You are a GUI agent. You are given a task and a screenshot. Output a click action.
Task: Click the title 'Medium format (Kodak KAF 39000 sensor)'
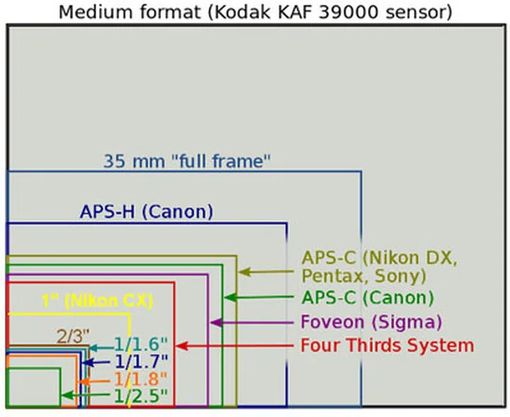[x=255, y=12]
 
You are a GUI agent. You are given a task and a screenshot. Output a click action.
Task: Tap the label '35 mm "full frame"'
[x=187, y=161]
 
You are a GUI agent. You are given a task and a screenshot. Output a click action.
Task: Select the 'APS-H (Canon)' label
[x=147, y=211]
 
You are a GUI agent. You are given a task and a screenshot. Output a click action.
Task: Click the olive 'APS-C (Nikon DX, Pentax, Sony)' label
[x=380, y=265]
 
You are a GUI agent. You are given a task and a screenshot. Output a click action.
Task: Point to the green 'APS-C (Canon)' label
[x=368, y=298]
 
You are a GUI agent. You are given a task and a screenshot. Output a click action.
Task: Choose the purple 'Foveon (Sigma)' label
[x=371, y=322]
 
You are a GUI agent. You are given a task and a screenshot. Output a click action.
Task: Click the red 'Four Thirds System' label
[x=387, y=346]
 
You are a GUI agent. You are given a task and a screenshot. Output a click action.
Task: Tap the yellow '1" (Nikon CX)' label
[x=97, y=300]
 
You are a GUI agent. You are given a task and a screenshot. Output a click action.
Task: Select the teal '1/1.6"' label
[x=142, y=345]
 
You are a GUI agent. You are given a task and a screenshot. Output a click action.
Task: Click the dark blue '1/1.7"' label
[x=142, y=363]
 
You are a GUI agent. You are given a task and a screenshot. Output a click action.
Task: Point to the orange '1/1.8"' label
[x=142, y=379]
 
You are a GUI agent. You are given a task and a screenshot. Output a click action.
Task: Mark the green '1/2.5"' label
[x=142, y=396]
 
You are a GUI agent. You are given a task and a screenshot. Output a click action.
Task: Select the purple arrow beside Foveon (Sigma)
[x=252, y=322]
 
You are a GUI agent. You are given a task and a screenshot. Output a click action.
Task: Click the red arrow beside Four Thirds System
[x=234, y=346]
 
